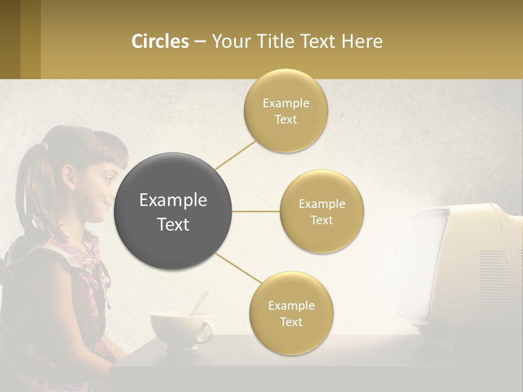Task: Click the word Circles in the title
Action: pyautogui.click(x=160, y=41)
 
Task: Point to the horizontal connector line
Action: pyautogui.click(x=256, y=211)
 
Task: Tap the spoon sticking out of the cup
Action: pyautogui.click(x=199, y=302)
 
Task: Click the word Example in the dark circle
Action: pyautogui.click(x=173, y=200)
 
